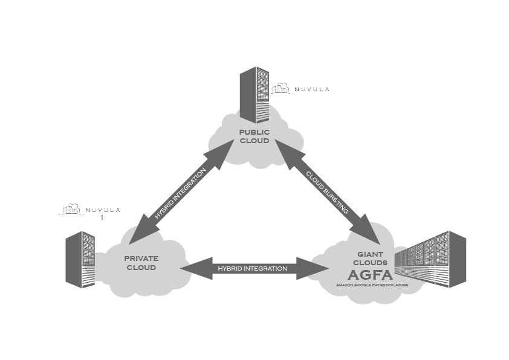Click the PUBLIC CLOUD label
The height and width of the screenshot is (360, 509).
click(x=254, y=136)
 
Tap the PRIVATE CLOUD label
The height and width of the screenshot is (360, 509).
click(x=141, y=262)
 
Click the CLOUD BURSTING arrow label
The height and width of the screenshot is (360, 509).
click(x=327, y=193)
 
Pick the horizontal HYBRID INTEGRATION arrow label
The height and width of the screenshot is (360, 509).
click(x=252, y=268)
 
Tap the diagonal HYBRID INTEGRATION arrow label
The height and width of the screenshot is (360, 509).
click(x=180, y=193)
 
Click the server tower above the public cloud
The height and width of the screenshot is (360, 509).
click(x=254, y=94)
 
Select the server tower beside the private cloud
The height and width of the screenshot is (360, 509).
click(x=80, y=259)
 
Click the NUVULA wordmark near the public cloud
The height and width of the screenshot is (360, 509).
click(x=311, y=89)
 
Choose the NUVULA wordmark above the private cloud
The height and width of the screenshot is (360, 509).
click(x=103, y=210)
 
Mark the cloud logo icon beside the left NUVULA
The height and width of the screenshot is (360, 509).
click(x=71, y=210)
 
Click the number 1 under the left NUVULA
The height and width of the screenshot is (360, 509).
click(x=102, y=217)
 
